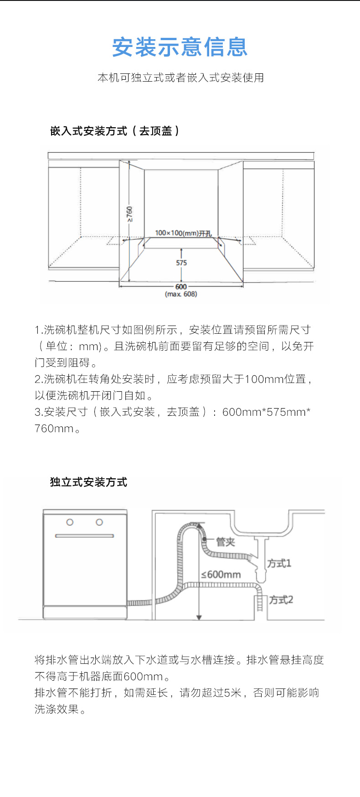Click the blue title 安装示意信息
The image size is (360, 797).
(180, 47)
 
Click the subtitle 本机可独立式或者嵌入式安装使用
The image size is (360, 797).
(180, 78)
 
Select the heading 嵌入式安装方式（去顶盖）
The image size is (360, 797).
(115, 131)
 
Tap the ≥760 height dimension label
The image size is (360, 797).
(130, 214)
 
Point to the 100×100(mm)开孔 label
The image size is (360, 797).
(183, 233)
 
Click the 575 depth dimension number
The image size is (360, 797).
(181, 263)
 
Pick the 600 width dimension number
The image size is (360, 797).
(181, 287)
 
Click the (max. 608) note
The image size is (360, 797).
(181, 294)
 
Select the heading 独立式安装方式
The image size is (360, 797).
(88, 482)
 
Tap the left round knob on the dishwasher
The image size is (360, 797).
(70, 522)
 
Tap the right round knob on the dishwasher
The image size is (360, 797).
(99, 522)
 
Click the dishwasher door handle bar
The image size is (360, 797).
(84, 536)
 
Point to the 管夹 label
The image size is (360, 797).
(226, 542)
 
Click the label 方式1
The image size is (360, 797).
(279, 564)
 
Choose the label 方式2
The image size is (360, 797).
(281, 600)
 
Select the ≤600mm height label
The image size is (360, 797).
(221, 574)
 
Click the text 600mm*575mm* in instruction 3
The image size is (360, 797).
(266, 412)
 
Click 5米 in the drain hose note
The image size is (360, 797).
(232, 693)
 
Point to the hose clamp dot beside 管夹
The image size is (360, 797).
(205, 539)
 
